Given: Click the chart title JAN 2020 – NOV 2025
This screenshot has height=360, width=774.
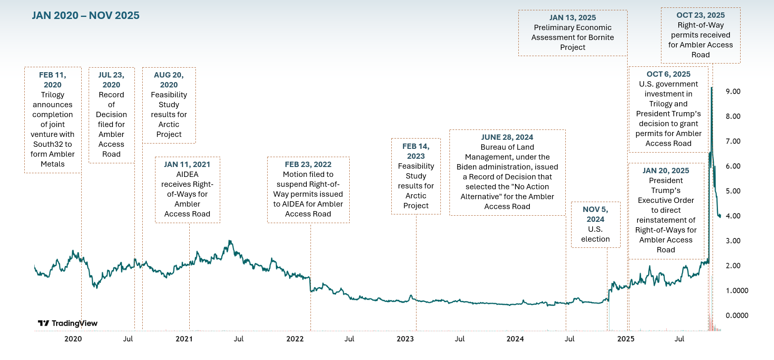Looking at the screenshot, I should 86,16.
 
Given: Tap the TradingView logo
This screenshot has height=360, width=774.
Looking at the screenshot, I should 68,323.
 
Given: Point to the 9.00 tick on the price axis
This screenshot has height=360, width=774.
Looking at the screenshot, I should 733,92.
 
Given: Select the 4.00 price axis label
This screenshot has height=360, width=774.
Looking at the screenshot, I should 733,216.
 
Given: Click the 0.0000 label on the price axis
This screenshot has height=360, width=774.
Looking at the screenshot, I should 736,315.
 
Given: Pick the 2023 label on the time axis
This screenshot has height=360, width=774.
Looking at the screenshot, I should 405,339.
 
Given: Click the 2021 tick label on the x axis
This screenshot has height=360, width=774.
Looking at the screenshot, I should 184,339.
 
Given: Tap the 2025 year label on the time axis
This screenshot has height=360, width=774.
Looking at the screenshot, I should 626,339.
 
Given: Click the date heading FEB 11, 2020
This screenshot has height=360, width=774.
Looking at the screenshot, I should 52,80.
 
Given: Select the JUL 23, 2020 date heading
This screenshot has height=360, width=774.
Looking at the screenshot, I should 111,80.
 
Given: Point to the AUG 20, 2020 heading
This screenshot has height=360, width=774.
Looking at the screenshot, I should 169,80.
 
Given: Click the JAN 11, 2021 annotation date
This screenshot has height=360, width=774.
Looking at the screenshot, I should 187,165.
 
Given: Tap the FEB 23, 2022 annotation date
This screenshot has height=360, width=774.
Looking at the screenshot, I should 308,165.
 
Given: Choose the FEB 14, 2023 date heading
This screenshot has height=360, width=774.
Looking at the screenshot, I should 416,151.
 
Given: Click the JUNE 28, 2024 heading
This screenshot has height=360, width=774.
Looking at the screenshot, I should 507,137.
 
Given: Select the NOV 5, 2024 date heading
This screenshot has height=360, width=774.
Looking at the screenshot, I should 595,214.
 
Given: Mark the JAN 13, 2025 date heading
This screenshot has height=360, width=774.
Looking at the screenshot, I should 572,18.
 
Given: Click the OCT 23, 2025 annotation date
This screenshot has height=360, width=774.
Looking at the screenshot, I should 701,15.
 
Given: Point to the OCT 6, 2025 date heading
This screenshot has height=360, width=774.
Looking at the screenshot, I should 668,74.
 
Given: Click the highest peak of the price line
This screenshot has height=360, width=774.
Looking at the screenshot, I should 711,88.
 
